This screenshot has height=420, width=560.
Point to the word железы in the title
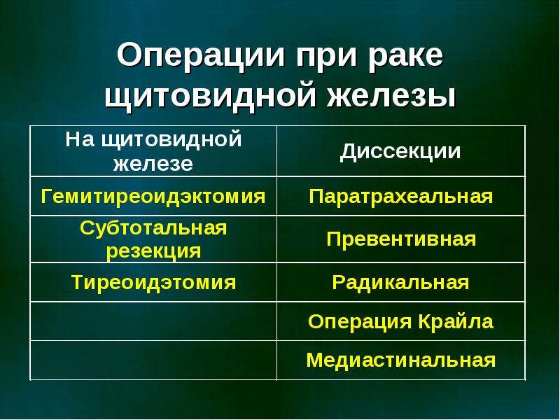391,95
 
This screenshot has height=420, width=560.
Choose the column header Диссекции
400,151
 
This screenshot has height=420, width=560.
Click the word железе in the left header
153,164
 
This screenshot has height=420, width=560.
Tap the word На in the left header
80,139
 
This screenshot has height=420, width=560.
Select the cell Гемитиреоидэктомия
153,197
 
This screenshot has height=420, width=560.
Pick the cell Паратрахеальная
400,197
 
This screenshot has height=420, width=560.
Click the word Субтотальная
153,227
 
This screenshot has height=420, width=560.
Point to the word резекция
153,251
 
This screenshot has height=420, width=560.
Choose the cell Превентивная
401,239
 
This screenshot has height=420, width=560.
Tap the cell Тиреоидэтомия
153,283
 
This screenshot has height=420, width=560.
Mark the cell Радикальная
400,283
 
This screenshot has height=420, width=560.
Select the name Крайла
456,321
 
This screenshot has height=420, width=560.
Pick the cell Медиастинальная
400,360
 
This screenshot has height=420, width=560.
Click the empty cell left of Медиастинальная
153,360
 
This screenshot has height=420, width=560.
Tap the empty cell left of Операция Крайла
153,321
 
